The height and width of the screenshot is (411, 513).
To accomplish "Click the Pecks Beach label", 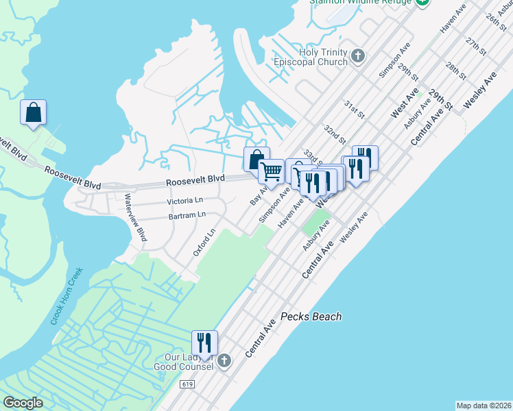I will coord(311,317).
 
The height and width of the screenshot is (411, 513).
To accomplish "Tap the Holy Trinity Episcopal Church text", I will coord(324,58).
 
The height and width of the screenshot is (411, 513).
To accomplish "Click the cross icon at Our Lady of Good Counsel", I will coord(224,360).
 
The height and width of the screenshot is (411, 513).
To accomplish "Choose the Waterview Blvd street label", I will coord(135,217).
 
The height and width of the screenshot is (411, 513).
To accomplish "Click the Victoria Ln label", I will coord(186,201).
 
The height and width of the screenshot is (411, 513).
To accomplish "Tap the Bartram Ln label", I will coord(187,215).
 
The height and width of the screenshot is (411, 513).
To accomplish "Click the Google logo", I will coord(23,403).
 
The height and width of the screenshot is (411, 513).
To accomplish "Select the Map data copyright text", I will coord(484,405).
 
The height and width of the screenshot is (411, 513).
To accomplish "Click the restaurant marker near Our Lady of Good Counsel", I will coord(204,342).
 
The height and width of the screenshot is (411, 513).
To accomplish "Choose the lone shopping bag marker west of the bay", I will coord(33,112).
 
